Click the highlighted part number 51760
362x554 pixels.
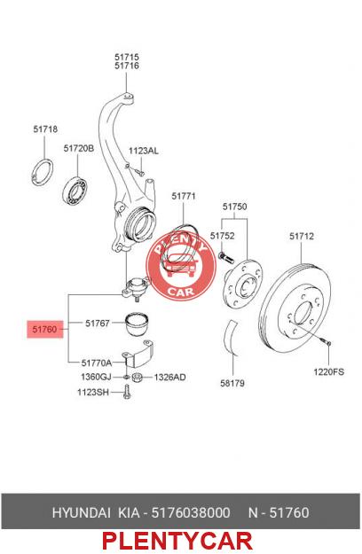[44, 329]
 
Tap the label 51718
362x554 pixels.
[45, 129]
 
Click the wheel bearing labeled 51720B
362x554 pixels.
[75, 191]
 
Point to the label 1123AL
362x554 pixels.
[143, 151]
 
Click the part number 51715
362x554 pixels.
[127, 57]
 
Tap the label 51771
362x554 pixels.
[184, 196]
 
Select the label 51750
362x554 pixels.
[234, 207]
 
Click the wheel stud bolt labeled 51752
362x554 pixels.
[226, 257]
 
